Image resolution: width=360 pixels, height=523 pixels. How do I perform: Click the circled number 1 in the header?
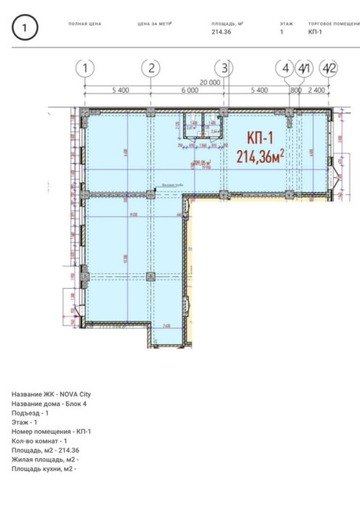[x=26, y=29]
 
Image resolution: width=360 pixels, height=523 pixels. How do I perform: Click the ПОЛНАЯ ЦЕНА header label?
[x=85, y=24]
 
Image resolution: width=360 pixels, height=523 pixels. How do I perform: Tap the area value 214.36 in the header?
[x=223, y=33]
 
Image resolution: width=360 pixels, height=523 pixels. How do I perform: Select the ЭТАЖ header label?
[x=286, y=24]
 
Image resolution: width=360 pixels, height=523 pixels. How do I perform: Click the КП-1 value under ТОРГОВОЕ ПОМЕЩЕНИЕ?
[x=315, y=33]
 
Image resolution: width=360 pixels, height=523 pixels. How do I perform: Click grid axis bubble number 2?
[x=151, y=68]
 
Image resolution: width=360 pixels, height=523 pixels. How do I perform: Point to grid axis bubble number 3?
[x=225, y=68]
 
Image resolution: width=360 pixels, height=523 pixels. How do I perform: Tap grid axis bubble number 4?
[x=287, y=68]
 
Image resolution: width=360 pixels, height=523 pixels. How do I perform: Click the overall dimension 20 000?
[x=209, y=82]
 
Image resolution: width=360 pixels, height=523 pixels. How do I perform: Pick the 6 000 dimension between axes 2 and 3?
[x=188, y=91]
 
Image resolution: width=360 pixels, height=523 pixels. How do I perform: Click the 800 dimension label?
[x=295, y=91]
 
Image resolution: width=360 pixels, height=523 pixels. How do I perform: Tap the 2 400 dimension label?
[x=316, y=91]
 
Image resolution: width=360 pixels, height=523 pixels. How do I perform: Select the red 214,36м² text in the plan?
[x=259, y=156]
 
